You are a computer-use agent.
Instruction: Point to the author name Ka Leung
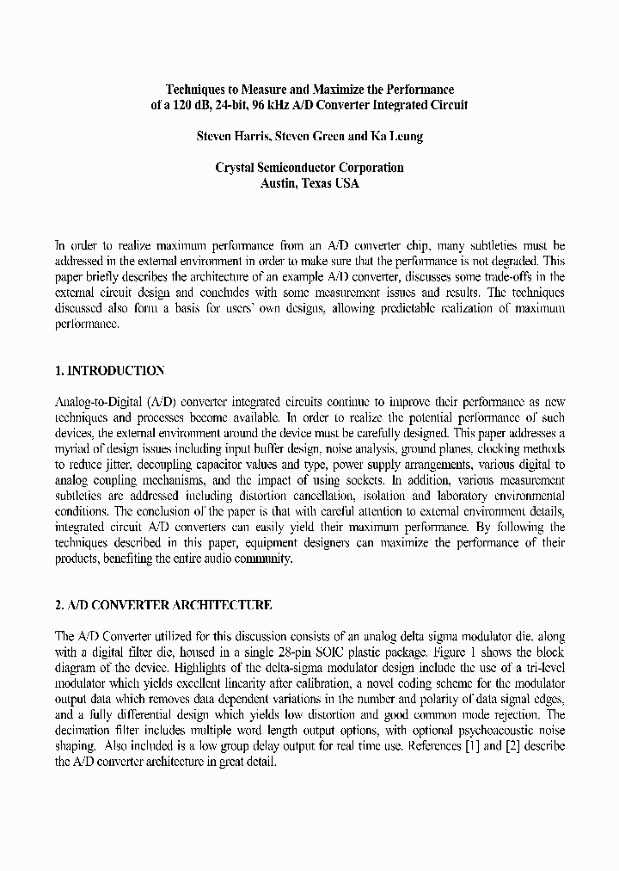click(x=396, y=137)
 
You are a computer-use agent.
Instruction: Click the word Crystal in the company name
click(x=236, y=168)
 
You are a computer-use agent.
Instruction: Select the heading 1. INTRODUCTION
click(x=109, y=371)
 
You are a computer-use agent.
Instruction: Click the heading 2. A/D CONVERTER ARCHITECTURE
click(x=163, y=605)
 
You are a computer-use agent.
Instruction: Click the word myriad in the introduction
click(x=73, y=449)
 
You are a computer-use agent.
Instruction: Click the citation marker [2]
click(x=501, y=745)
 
